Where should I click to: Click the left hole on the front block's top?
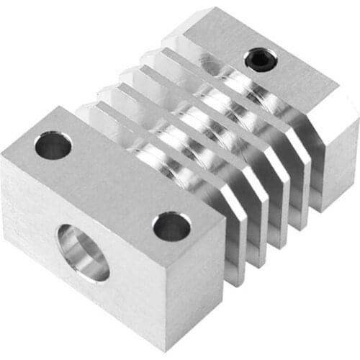pyautogui.click(x=53, y=145)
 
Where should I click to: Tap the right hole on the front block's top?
pyautogui.click(x=171, y=226)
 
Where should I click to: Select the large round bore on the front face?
pyautogui.click(x=83, y=252)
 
